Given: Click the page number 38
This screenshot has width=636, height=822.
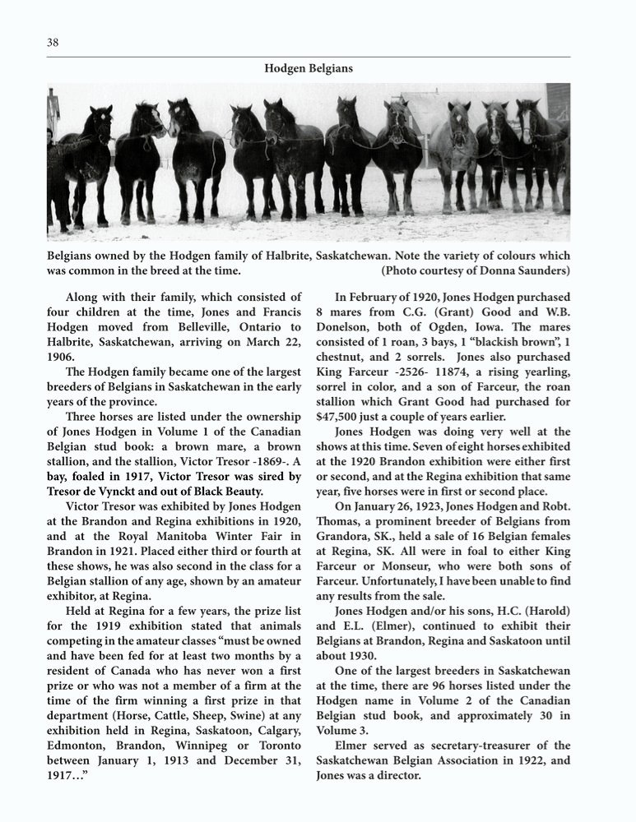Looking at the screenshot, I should coord(53,42).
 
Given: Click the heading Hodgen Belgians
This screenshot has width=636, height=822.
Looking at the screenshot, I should coord(309,69).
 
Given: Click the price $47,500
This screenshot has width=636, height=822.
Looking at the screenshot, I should coord(340,416).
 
